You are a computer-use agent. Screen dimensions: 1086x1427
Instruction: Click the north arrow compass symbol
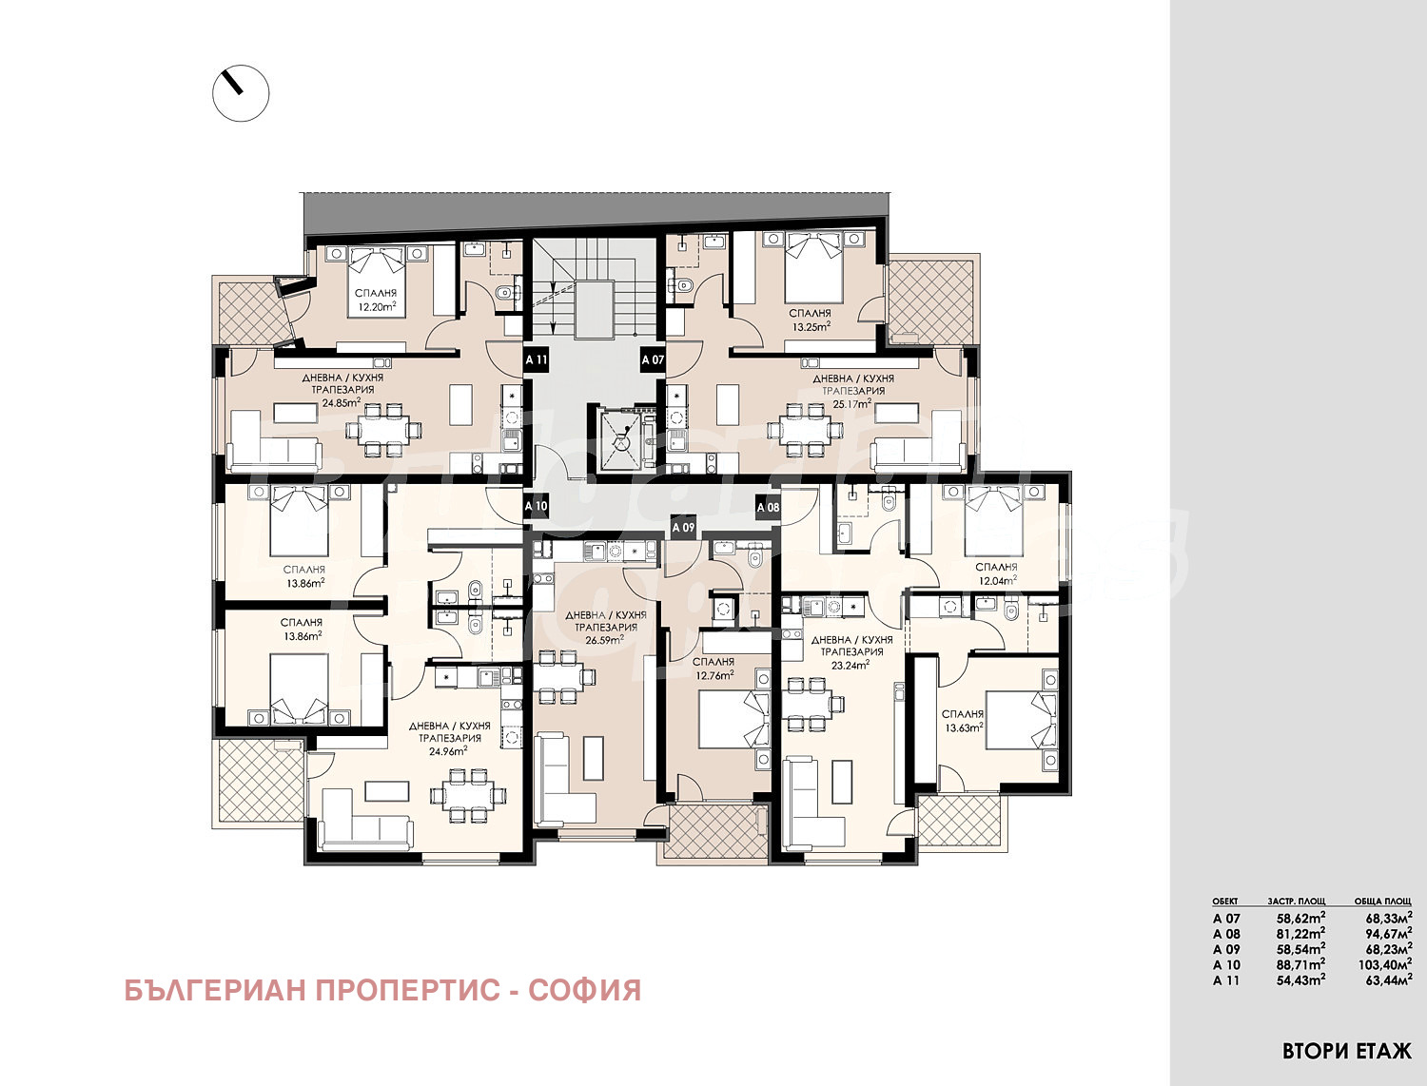pos(241,93)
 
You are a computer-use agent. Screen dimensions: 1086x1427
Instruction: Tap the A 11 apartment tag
pos(537,360)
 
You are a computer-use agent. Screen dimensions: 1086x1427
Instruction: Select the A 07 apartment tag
pos(653,360)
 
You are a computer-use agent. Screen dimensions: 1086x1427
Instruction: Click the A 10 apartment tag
pos(537,507)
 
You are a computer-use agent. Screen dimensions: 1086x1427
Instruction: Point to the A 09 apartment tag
pos(683,527)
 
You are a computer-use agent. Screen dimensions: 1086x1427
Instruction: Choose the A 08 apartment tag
pos(768,507)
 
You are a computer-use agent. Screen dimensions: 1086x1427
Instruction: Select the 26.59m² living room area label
pos(605,640)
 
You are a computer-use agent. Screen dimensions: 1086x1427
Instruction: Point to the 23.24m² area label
pos(850,665)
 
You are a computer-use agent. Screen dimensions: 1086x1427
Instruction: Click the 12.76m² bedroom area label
pos(713,675)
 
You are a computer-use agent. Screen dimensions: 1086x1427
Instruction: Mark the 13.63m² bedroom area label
pos(963,727)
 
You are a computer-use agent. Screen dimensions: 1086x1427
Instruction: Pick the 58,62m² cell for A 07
pos(1300,919)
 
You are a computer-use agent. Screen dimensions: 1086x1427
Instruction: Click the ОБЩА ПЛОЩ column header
pos(1382,901)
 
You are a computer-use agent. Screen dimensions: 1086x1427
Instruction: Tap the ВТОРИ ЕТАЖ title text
pos(1346,1051)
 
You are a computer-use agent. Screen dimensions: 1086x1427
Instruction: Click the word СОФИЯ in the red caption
pos(584,990)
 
